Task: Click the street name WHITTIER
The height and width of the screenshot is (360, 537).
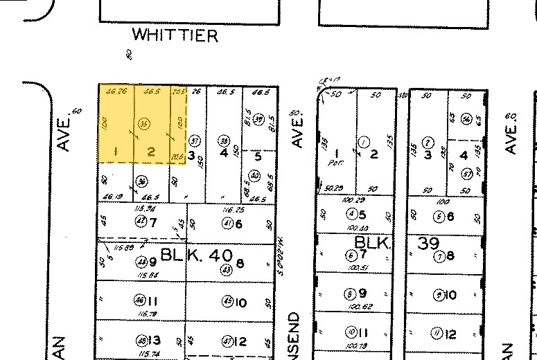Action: click(x=175, y=35)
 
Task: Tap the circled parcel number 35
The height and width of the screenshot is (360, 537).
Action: click(x=144, y=123)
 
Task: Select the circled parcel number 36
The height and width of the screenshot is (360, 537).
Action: click(x=143, y=181)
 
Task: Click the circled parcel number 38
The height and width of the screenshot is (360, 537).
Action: click(x=223, y=139)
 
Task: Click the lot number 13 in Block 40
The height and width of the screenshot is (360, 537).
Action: click(x=154, y=340)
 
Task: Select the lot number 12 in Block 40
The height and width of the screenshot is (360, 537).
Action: click(x=240, y=341)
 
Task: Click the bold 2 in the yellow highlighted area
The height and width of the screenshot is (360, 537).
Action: click(x=151, y=152)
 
